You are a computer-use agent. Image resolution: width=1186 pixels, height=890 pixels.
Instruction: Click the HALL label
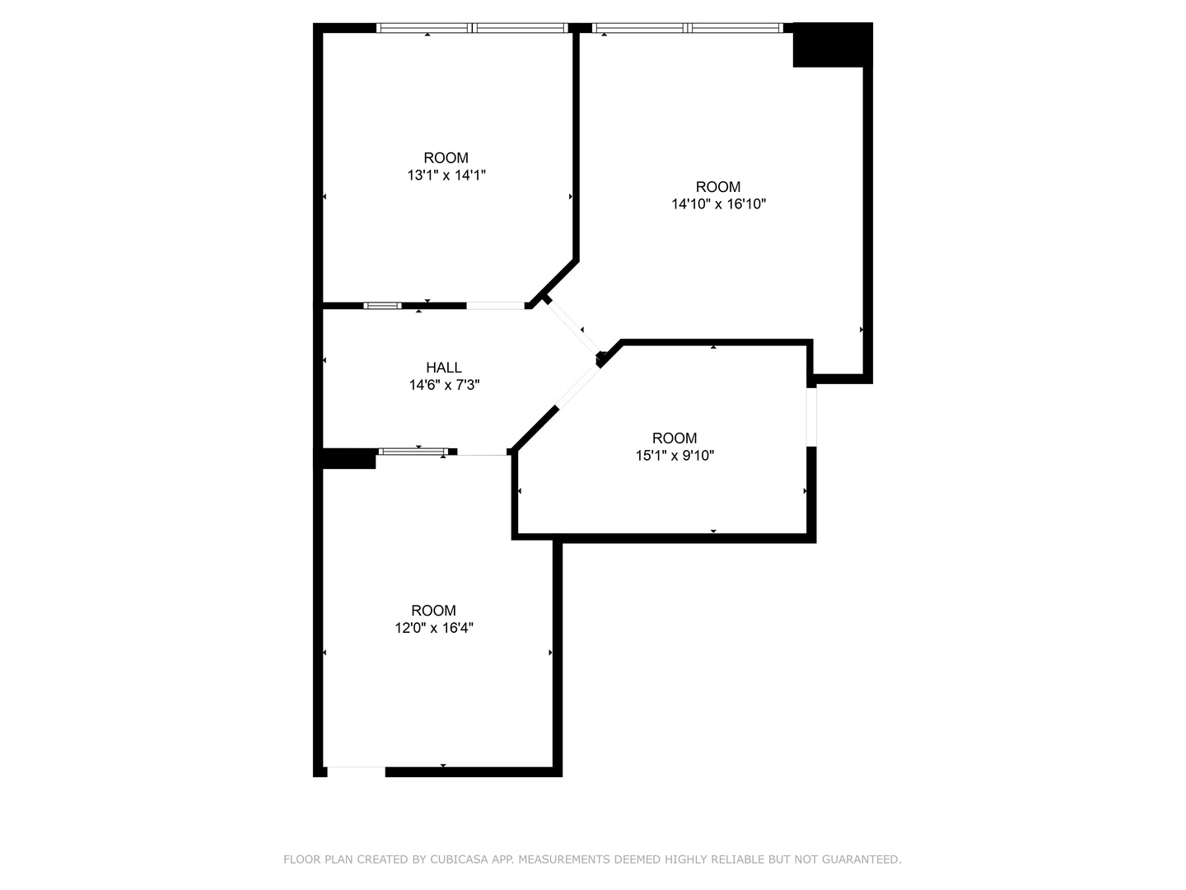444,368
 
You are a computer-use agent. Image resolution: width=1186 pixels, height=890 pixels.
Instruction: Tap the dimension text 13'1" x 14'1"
446,175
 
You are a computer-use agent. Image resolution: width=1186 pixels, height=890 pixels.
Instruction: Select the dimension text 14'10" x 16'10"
719,204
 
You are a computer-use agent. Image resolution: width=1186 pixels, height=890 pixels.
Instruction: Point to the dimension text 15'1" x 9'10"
675,455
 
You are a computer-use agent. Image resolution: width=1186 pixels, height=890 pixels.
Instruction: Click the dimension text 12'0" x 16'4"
434,628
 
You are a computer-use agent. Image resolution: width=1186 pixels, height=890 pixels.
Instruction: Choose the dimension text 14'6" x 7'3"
444,385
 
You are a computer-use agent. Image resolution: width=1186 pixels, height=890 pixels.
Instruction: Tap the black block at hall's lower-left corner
349,458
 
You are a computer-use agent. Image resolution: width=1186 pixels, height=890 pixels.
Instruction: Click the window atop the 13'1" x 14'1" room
473,28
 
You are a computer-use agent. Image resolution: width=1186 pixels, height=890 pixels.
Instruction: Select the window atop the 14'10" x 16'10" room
687,28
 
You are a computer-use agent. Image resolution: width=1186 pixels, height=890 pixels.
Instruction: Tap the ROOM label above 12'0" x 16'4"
434,611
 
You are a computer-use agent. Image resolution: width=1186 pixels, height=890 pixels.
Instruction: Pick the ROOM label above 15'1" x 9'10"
675,438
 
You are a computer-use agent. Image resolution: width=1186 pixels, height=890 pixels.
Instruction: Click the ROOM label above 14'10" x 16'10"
718,186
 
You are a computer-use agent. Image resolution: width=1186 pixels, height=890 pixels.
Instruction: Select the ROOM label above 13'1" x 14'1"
446,157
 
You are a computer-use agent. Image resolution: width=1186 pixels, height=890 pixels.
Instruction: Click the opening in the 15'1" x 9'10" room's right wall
811,416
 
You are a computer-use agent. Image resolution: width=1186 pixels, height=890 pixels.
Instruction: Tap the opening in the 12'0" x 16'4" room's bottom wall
356,771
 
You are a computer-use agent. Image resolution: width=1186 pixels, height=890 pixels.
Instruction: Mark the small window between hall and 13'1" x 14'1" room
382,306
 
